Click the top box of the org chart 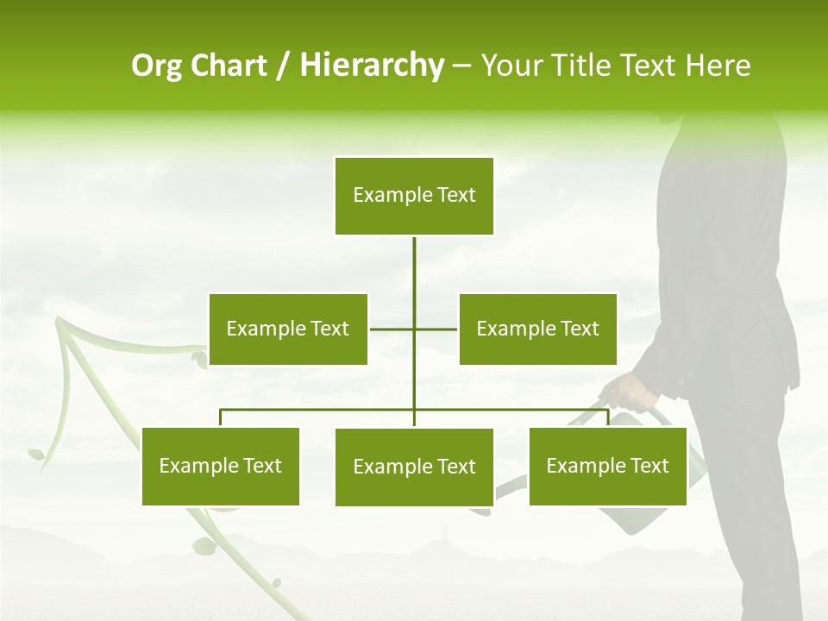pos(414,196)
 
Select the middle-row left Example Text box pos(288,329)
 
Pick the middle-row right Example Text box pos(537,329)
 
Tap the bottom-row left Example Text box pos(221,466)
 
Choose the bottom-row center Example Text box pos(414,467)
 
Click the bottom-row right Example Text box pos(607,466)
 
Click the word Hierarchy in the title pos(372,66)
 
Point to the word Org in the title pos(156,66)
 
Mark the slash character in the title pos(283,66)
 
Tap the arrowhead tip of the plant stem pos(60,321)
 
